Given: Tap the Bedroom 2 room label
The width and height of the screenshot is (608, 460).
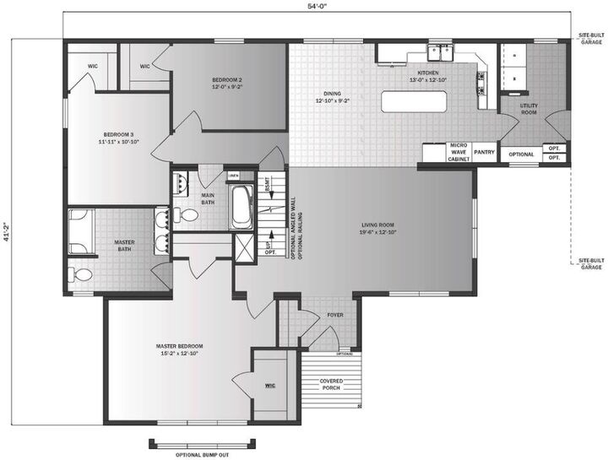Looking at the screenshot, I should click(227, 83).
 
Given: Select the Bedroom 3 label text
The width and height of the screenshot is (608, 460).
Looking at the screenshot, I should click(118, 138).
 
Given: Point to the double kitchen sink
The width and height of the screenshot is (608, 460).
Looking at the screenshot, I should click(440, 52).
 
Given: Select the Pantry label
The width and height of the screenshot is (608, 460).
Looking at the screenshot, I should click(484, 153).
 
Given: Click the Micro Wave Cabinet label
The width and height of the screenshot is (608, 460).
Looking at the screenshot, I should click(459, 152).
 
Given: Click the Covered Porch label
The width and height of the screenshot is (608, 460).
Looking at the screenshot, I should click(331, 385).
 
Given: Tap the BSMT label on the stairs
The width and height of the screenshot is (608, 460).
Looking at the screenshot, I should click(267, 185).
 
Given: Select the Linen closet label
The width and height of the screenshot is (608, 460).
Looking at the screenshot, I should click(234, 176).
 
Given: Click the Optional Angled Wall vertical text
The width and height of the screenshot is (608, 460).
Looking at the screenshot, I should click(292, 223).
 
